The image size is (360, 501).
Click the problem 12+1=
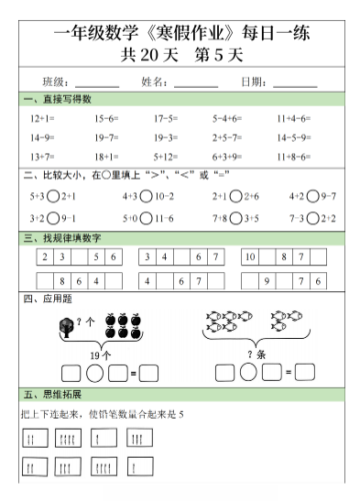pos(42,119)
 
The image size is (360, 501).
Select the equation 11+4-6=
pos(293,119)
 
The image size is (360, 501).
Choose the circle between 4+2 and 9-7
pos(314,196)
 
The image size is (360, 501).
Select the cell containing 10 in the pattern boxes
pos(249,258)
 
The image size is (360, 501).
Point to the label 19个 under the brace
pos(101,354)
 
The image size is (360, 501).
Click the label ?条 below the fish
pos(256,354)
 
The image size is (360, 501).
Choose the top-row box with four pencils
pos(70,440)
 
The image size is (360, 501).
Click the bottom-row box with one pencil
pos(139,469)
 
